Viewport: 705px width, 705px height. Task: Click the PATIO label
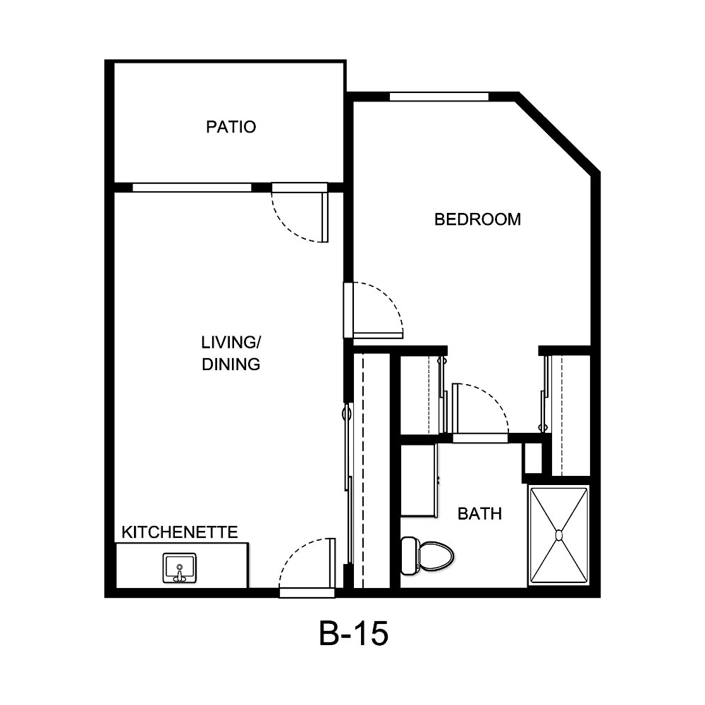click(x=231, y=128)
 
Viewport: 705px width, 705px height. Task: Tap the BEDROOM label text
click(x=477, y=219)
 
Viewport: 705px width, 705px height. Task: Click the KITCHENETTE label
click(x=180, y=532)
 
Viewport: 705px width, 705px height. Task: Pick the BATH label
click(x=479, y=514)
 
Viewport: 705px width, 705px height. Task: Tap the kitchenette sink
click(x=179, y=568)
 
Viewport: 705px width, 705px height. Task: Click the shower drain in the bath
click(x=559, y=535)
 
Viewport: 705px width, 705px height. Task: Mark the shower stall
click(x=559, y=522)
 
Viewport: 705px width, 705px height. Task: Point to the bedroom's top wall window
click(x=439, y=97)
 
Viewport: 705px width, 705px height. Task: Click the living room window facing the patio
click(x=192, y=188)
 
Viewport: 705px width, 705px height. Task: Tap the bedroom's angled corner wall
click(x=558, y=133)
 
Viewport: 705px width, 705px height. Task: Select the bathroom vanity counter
click(x=419, y=479)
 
